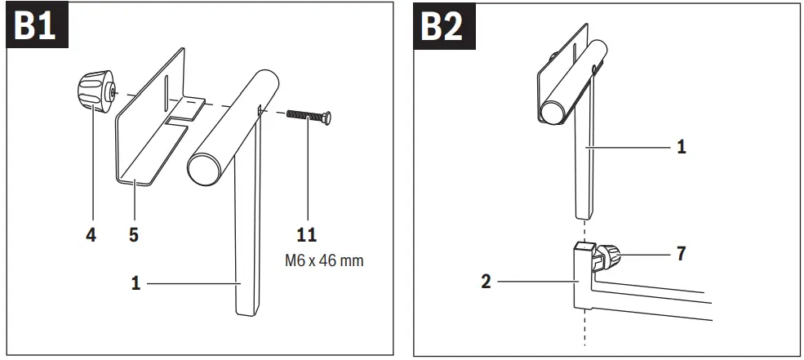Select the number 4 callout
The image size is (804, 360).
(91, 236)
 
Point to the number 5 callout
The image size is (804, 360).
(133, 236)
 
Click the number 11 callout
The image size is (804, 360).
(307, 236)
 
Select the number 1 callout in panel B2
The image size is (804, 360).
(682, 148)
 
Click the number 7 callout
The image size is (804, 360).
(681, 254)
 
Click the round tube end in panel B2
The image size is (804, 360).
(554, 109)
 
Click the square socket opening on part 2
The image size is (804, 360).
(583, 246)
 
